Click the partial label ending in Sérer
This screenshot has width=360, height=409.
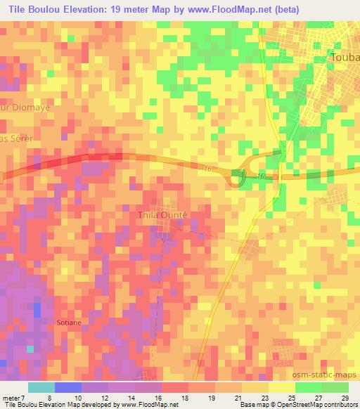pos(17,138)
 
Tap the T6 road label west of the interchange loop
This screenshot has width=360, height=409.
pos(207,169)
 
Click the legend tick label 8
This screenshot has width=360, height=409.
pos(48,397)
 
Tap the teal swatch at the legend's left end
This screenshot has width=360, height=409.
pos(41,387)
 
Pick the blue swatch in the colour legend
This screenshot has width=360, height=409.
pos(67,387)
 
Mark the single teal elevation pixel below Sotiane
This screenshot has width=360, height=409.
pos(30,348)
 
